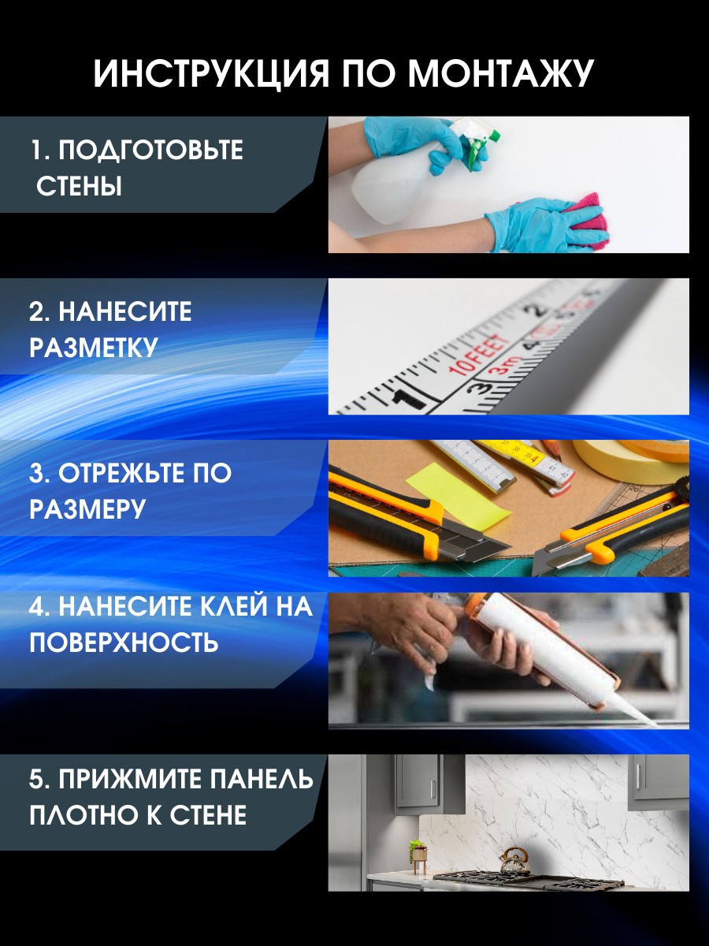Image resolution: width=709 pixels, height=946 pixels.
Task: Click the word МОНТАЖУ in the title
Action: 500,73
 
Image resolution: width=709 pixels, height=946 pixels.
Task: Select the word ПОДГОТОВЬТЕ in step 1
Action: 150,150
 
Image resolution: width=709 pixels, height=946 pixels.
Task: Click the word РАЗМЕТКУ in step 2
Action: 94,347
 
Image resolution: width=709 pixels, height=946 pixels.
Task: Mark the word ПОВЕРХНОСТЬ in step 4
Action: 124,643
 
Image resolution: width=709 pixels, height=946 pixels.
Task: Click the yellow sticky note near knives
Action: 468,494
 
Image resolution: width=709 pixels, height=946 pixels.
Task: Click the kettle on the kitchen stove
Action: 514,861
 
